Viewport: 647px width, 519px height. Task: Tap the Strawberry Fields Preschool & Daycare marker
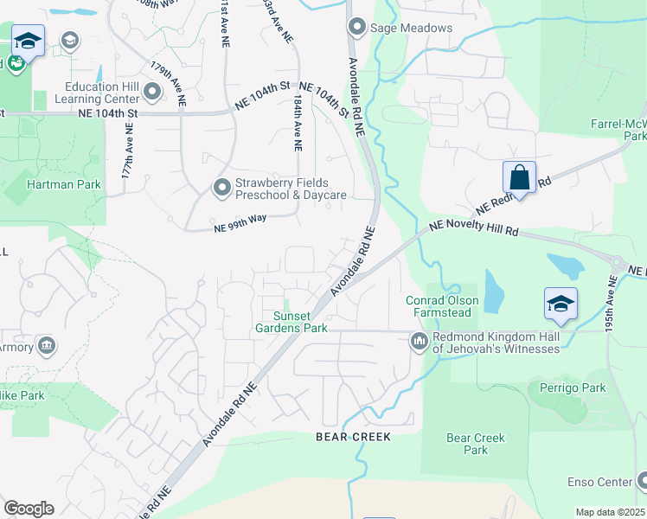(223, 186)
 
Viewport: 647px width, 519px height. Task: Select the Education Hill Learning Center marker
(153, 91)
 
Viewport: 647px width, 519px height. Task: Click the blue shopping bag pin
(519, 179)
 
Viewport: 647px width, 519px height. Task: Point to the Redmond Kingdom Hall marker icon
(420, 342)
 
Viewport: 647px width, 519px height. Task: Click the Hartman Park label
(64, 184)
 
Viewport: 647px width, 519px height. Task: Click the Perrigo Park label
(572, 388)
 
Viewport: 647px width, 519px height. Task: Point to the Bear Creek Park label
(476, 444)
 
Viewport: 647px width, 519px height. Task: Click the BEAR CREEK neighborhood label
(353, 437)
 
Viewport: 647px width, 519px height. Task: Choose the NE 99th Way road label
(240, 223)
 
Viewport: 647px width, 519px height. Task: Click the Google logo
(29, 508)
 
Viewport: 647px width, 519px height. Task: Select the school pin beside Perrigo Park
(561, 304)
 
